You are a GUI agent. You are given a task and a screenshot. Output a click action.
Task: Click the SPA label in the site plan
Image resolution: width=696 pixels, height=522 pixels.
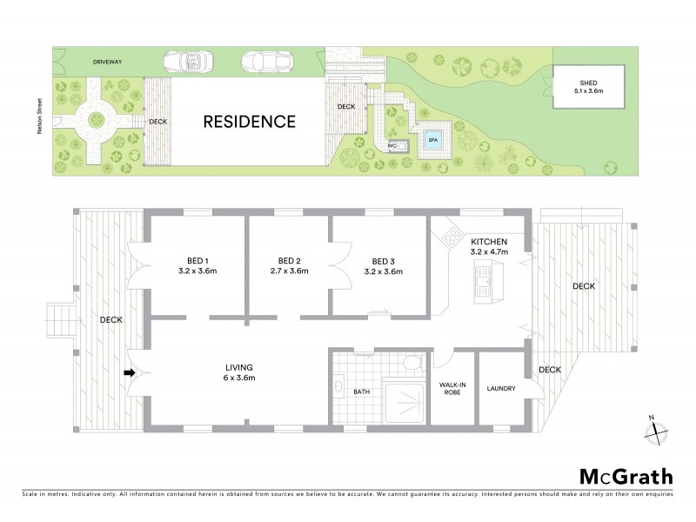(x=432, y=138)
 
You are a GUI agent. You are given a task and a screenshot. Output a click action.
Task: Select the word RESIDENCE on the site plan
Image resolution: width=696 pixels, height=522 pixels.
(x=249, y=122)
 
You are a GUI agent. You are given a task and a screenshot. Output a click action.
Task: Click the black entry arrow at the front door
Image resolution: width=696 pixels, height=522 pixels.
(x=130, y=373)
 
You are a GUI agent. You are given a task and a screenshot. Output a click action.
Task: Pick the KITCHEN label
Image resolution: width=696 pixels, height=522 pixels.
(x=488, y=241)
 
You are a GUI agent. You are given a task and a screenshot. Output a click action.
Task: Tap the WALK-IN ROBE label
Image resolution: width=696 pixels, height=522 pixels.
(x=452, y=389)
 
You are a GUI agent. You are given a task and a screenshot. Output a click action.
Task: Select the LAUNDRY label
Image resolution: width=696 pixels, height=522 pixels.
(x=502, y=389)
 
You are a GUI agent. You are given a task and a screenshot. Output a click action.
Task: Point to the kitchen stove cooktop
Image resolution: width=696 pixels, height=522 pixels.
(x=452, y=236)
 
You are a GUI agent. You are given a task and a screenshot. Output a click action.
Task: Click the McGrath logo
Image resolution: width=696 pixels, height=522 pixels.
(x=626, y=476)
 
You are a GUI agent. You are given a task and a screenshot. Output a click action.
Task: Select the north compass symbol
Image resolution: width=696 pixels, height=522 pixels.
(x=653, y=430)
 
